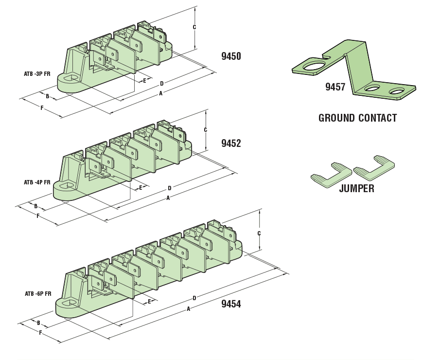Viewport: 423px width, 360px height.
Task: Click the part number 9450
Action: [x=231, y=56]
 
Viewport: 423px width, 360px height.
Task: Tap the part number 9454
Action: [x=231, y=304]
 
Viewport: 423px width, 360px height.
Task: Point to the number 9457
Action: [x=335, y=87]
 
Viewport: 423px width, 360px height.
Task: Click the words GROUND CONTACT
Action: [x=357, y=118]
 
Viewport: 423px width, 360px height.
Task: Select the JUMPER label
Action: [x=356, y=189]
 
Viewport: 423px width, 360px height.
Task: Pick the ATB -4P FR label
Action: [x=37, y=182]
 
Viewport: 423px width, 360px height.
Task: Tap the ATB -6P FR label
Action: [x=38, y=294]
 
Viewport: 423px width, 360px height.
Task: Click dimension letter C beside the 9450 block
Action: [x=194, y=27]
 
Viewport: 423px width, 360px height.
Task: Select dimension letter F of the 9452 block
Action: [x=38, y=216]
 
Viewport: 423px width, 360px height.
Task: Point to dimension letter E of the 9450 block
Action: [x=144, y=80]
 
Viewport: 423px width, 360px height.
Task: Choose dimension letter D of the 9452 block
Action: [x=170, y=188]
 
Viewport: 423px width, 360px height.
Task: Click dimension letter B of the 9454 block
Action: [x=38, y=323]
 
